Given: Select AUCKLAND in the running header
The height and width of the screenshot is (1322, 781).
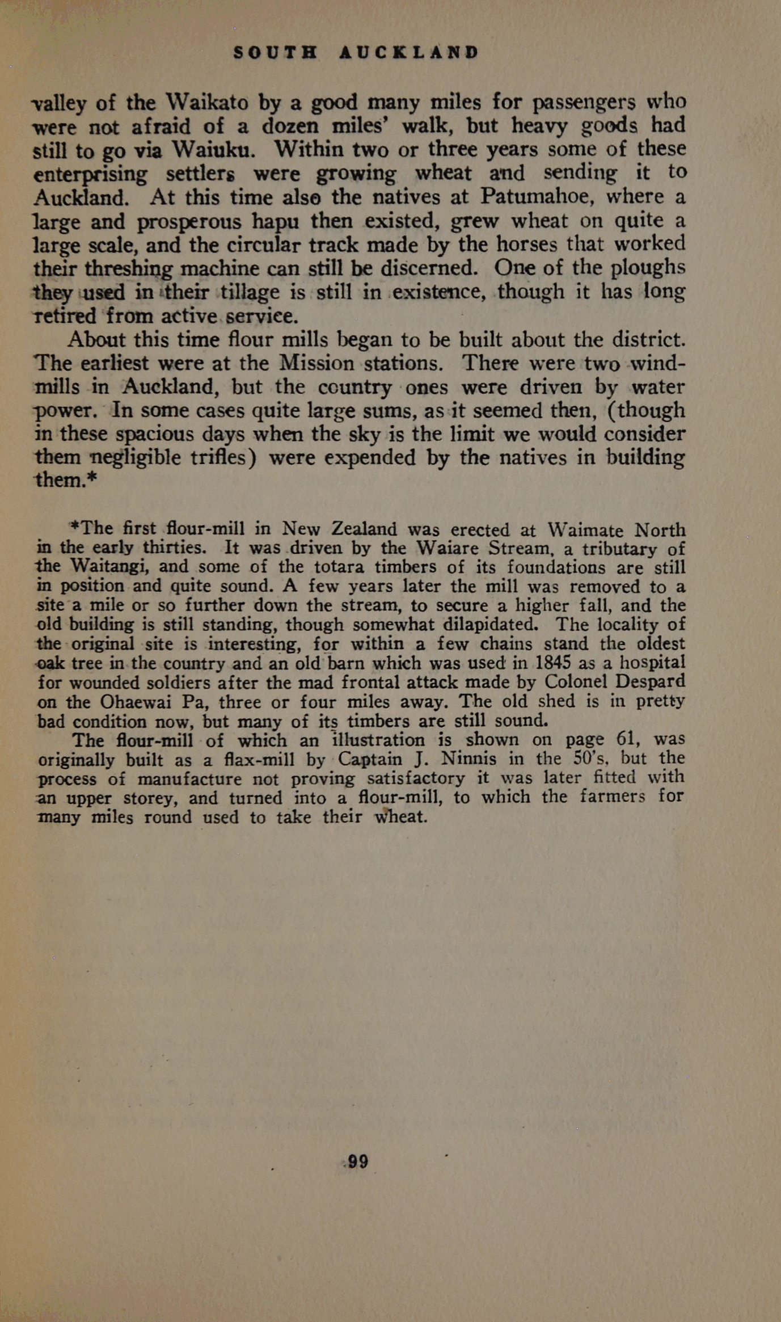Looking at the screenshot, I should [409, 53].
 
